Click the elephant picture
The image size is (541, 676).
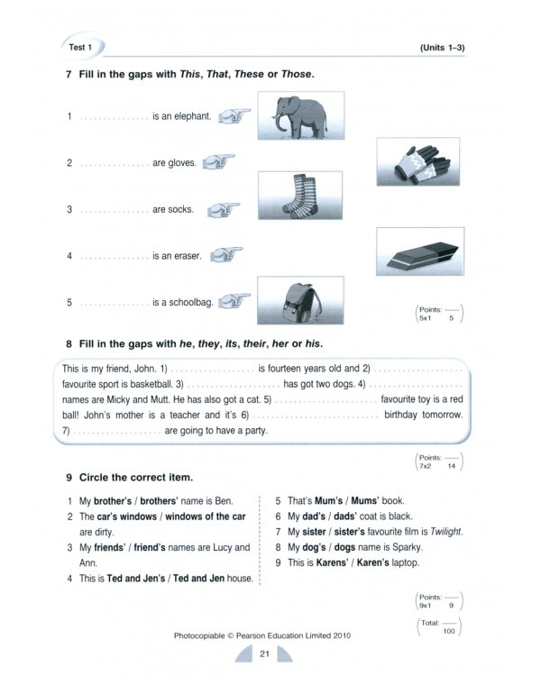pyautogui.click(x=293, y=115)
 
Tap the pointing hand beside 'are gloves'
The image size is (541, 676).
pyautogui.click(x=219, y=163)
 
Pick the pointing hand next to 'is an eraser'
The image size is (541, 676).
pyautogui.click(x=225, y=256)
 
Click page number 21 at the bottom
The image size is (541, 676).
pyautogui.click(x=264, y=653)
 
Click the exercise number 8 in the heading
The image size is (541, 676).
pyautogui.click(x=69, y=343)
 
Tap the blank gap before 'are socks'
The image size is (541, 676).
pyautogui.click(x=114, y=210)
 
